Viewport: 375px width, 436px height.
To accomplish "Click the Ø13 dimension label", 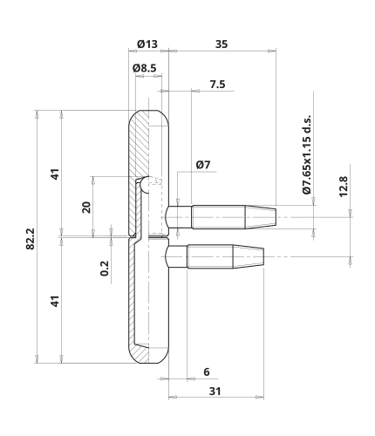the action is pos(147,44).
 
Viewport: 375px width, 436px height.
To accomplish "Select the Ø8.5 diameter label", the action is pos(145,68).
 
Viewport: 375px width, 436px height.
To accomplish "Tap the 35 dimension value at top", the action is pos(222,44).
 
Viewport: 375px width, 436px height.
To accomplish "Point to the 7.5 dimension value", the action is pos(217,85).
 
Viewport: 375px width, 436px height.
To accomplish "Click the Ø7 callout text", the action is pos(203,165).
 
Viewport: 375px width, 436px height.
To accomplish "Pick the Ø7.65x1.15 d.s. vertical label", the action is pos(307,154).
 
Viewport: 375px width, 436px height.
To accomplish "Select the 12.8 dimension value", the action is pos(344,187).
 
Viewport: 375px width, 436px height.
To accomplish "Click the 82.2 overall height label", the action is pos(31,239).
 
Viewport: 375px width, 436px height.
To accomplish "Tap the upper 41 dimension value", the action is pos(55,174).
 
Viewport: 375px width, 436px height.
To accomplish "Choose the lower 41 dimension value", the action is pos(55,301).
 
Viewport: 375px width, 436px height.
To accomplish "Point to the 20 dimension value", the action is pos(86,208).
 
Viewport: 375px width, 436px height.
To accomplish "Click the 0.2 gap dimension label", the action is pos(105,269).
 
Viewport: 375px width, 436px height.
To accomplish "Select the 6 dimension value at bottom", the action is pos(207,371).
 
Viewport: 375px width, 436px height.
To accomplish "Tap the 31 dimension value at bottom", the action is pos(215,392).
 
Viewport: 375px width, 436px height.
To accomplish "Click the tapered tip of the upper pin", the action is pos(261,217).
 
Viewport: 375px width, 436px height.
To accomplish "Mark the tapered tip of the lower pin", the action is pos(249,256).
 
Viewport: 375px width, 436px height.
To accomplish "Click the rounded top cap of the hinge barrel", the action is pos(148,115).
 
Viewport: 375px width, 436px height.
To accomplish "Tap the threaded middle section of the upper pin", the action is pos(219,217).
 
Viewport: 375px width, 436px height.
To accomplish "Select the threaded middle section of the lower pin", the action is pos(210,256).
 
